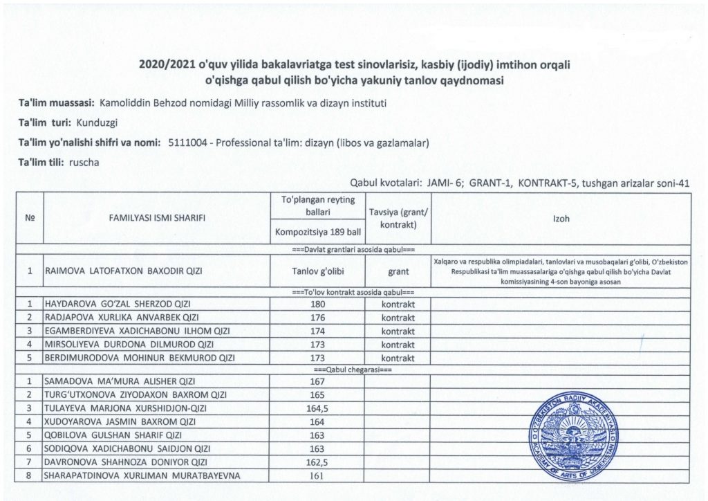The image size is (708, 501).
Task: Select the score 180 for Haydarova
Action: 315,304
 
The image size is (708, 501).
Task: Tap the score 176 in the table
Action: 315,318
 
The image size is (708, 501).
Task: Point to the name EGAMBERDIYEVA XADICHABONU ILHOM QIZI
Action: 137,331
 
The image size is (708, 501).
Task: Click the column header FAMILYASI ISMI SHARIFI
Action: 157,218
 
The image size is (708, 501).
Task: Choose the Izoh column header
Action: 561,218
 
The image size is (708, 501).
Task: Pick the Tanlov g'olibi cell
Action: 315,272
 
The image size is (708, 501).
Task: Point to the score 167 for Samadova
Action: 315,381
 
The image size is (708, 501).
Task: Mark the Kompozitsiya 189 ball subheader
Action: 315,232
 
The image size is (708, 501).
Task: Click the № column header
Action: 30,218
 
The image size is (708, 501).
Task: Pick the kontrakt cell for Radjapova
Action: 398,318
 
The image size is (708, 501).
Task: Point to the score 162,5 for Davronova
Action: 315,462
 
